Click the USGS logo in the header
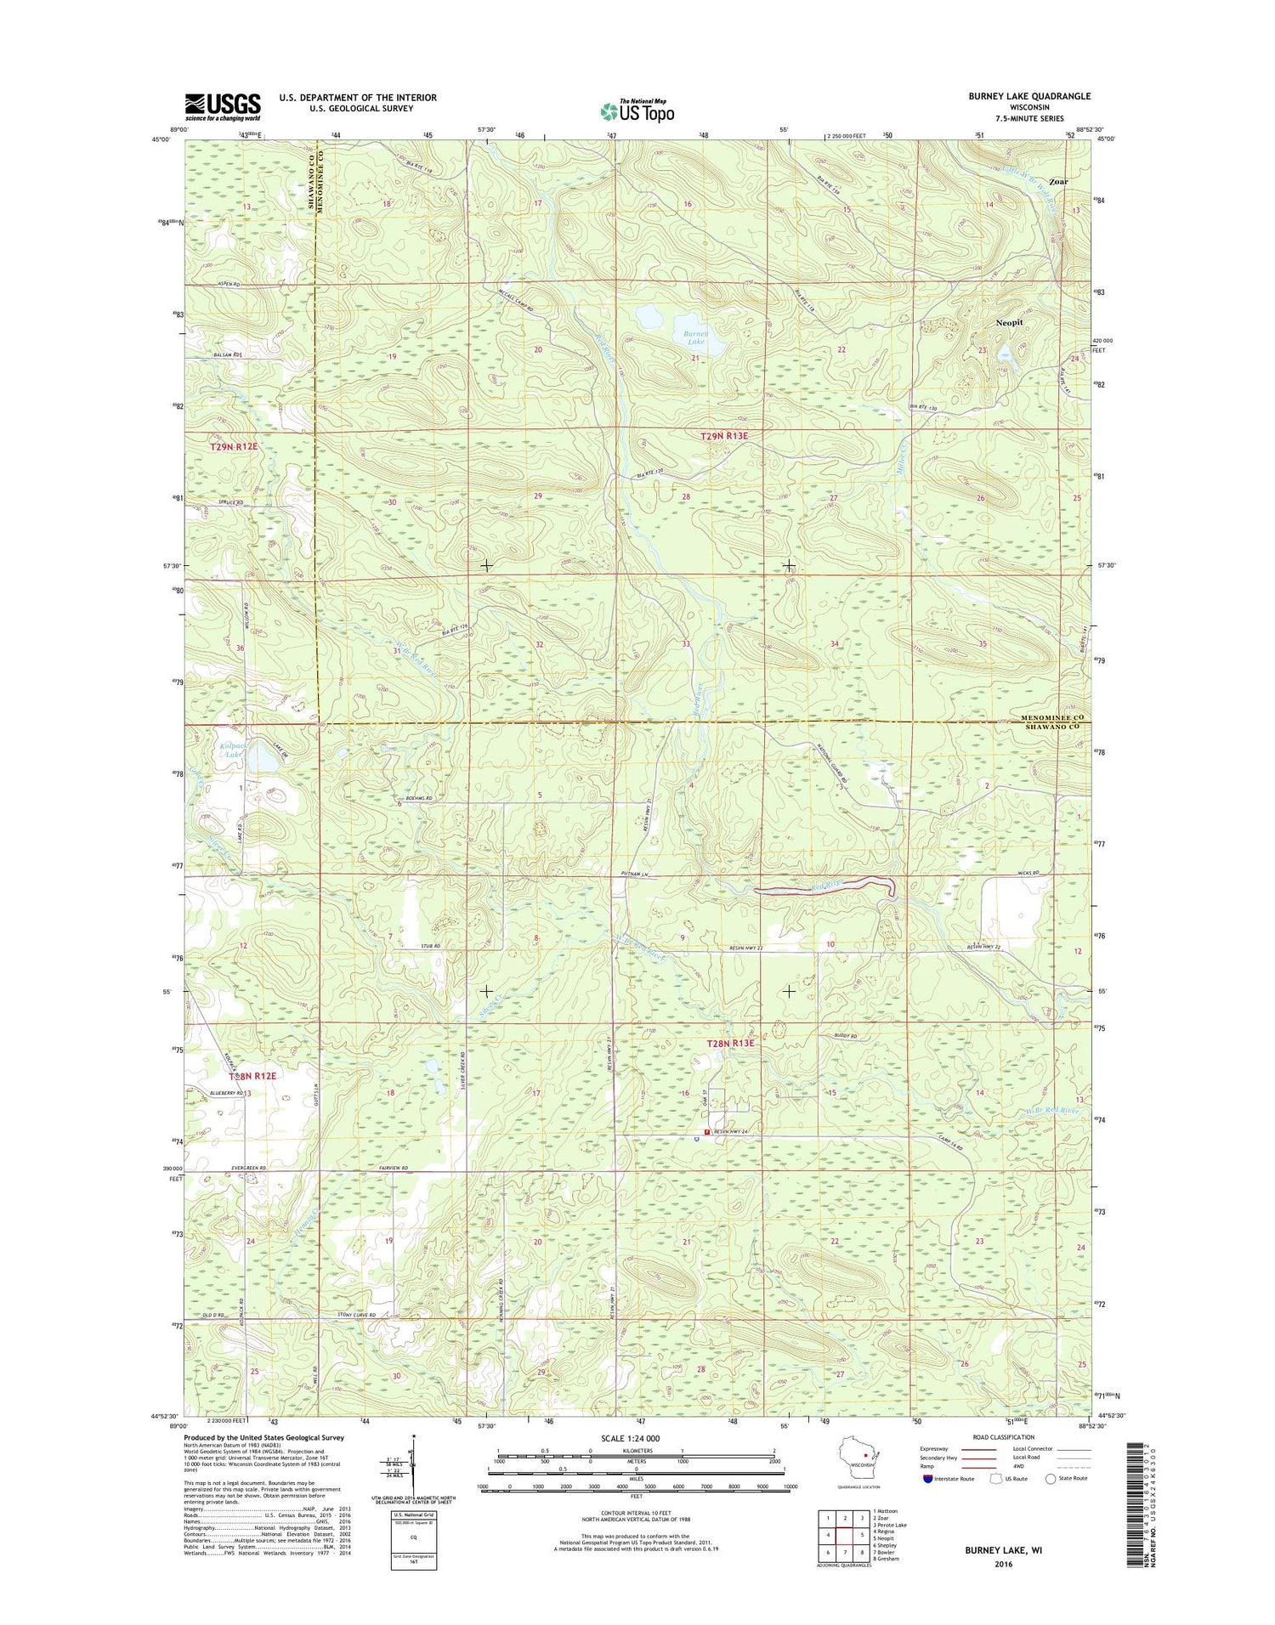tap(223, 105)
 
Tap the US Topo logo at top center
tap(637, 110)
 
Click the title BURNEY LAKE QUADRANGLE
tap(1029, 96)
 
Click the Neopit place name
tap(1011, 324)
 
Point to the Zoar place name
tap(1058, 182)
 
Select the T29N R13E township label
tap(724, 436)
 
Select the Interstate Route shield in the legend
tap(926, 1478)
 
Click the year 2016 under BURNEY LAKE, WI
tap(1003, 1563)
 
